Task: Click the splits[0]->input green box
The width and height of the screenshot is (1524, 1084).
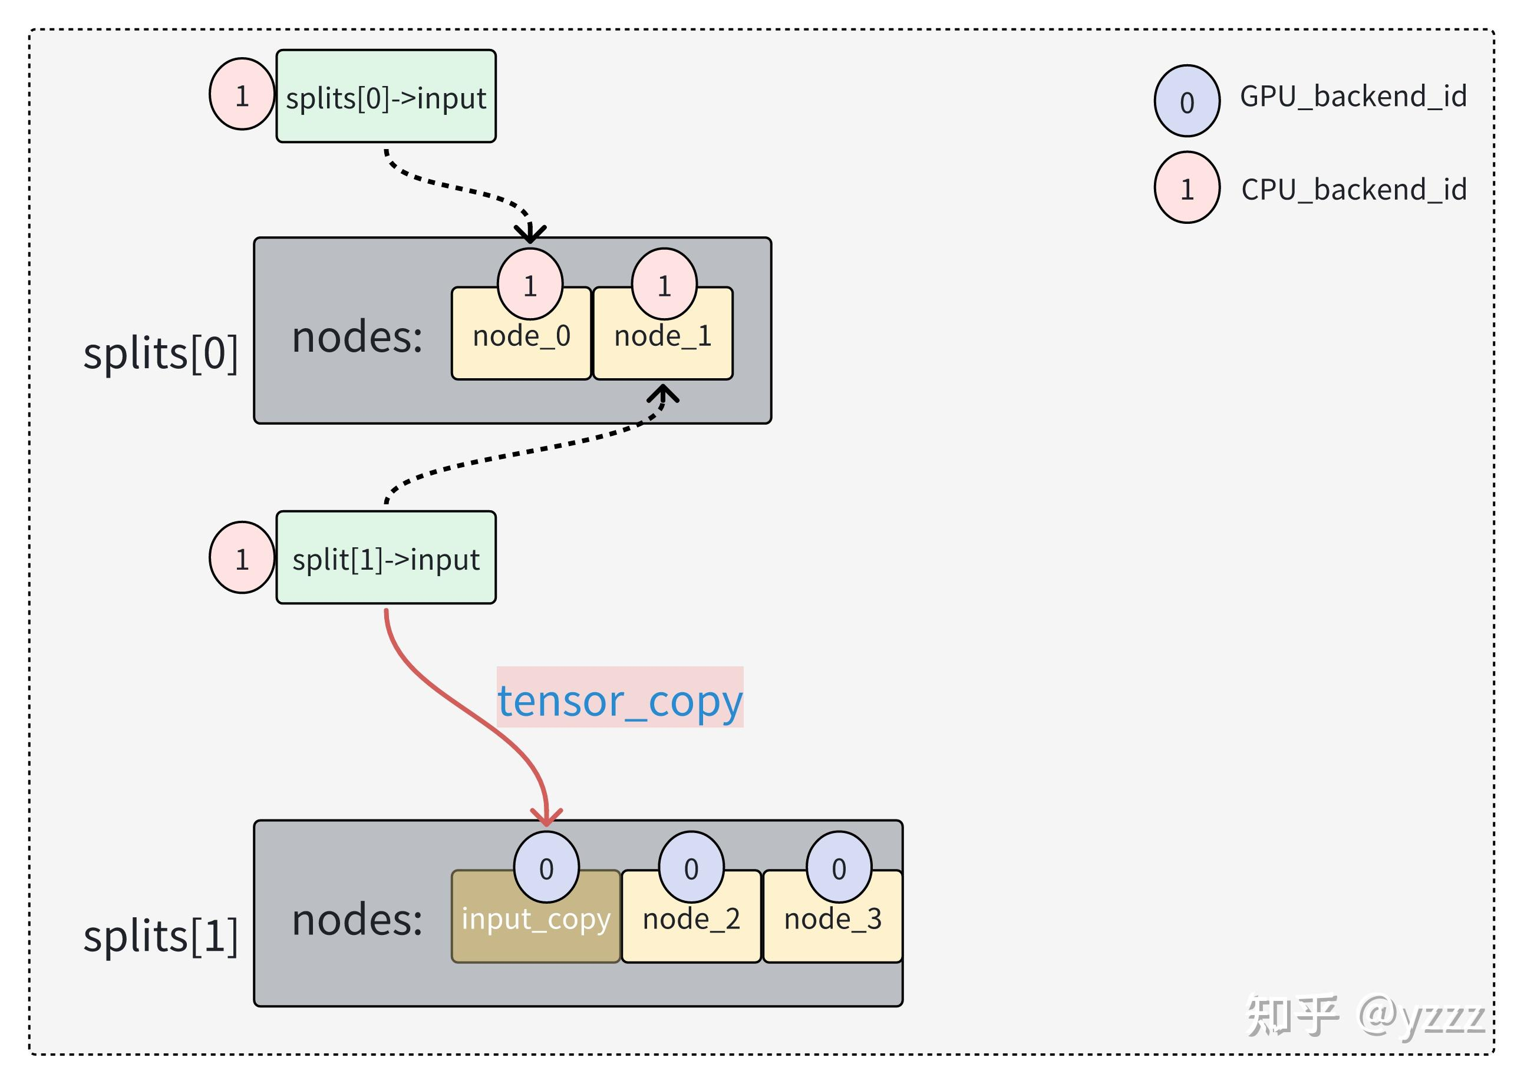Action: (386, 96)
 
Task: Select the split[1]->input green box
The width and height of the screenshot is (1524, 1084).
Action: (386, 558)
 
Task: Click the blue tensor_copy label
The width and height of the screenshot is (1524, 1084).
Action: (619, 702)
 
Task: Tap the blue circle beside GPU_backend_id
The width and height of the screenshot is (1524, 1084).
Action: (1186, 101)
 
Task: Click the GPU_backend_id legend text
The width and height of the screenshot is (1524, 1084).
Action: (1353, 97)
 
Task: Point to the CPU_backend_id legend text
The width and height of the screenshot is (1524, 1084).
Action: (1354, 190)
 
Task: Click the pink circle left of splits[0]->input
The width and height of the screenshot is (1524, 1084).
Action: (242, 94)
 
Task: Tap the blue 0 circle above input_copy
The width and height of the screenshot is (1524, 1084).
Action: (546, 867)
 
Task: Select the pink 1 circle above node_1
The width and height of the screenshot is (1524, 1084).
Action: (664, 285)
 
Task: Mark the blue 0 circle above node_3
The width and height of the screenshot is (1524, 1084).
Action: (839, 867)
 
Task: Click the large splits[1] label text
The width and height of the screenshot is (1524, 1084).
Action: (160, 935)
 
